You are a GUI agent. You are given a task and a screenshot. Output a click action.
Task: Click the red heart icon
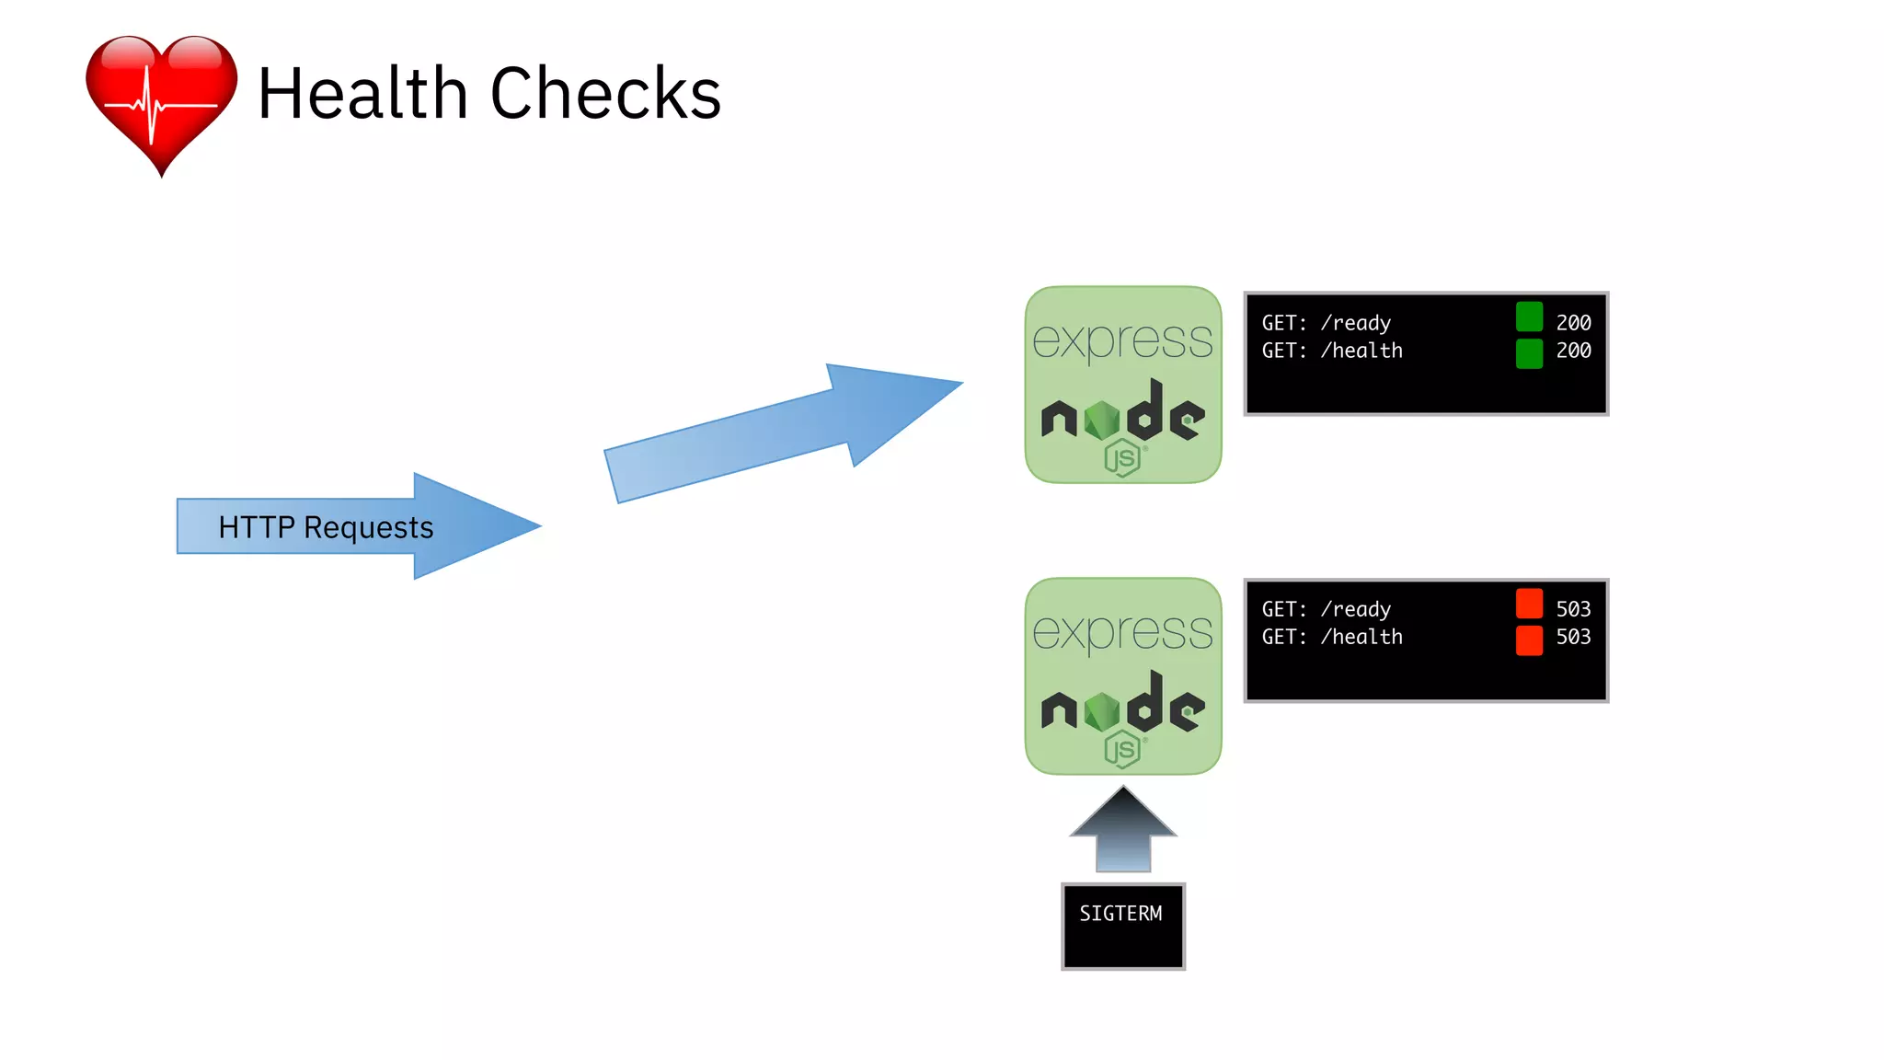pos(161,101)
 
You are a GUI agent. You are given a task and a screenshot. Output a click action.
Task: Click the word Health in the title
pos(362,94)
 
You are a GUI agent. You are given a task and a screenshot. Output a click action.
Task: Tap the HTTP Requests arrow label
pos(326,527)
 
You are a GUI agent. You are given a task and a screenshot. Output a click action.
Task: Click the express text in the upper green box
pos(1122,340)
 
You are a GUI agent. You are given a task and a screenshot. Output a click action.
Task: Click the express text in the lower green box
pos(1122,632)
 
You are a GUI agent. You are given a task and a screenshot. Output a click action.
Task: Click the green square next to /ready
pos(1529,317)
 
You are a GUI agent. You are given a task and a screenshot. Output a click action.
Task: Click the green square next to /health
pos(1529,353)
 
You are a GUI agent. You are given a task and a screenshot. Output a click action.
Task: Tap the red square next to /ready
pos(1529,604)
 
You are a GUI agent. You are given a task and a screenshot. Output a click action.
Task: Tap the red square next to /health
pos(1529,640)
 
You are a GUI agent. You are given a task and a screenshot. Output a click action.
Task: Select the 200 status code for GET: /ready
pos(1573,323)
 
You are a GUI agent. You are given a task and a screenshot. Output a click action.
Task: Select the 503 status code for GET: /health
pos(1573,637)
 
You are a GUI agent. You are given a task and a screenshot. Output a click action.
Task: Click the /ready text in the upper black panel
pos(1355,323)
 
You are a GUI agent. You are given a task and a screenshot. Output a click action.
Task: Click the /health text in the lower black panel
pos(1361,637)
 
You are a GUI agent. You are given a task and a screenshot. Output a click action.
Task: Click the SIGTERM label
pos(1120,914)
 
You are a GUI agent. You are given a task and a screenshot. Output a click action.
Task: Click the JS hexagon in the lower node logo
pos(1122,750)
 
